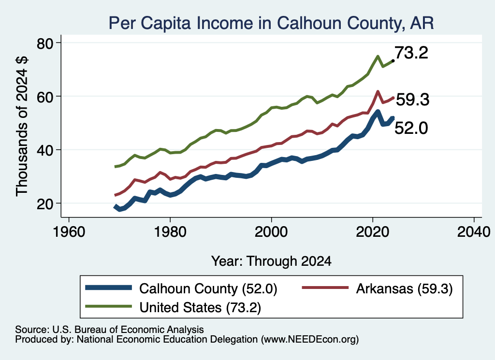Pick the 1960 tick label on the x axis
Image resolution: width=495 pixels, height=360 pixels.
tap(69, 232)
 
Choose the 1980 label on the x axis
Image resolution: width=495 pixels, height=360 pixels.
tap(170, 232)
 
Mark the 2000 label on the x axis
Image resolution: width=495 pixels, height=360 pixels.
tap(271, 232)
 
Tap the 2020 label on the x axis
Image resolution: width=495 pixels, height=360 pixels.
tap(373, 232)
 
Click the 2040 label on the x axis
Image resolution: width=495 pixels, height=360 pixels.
tap(474, 232)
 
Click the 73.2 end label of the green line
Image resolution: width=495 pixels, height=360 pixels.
tap(411, 53)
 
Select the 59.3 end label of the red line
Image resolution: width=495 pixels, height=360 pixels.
tap(413, 100)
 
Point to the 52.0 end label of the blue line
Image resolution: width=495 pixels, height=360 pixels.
tap(411, 128)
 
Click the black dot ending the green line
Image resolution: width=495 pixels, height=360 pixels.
tap(393, 60)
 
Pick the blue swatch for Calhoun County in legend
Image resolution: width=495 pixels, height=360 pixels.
tap(109, 288)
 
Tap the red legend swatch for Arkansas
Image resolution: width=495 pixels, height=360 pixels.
tap(325, 288)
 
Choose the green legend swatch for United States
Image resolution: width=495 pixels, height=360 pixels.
tap(109, 306)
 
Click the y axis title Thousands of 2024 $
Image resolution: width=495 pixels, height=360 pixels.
tap(22, 126)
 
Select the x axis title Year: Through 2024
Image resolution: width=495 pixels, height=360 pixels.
tap(271, 261)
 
